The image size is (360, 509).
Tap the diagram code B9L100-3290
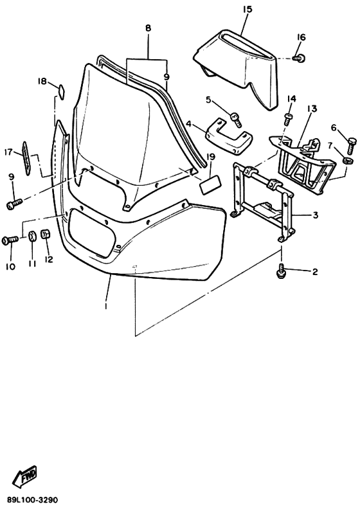32,499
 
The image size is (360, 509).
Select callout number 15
247,9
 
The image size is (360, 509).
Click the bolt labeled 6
352,146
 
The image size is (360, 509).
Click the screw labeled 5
237,119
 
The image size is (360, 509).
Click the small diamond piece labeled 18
60,91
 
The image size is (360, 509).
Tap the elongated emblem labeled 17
26,158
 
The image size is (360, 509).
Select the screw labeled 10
10,240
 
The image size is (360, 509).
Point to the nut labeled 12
46,235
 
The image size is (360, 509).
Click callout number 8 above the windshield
148,28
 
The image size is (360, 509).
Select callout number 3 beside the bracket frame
315,215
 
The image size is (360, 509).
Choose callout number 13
312,109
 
